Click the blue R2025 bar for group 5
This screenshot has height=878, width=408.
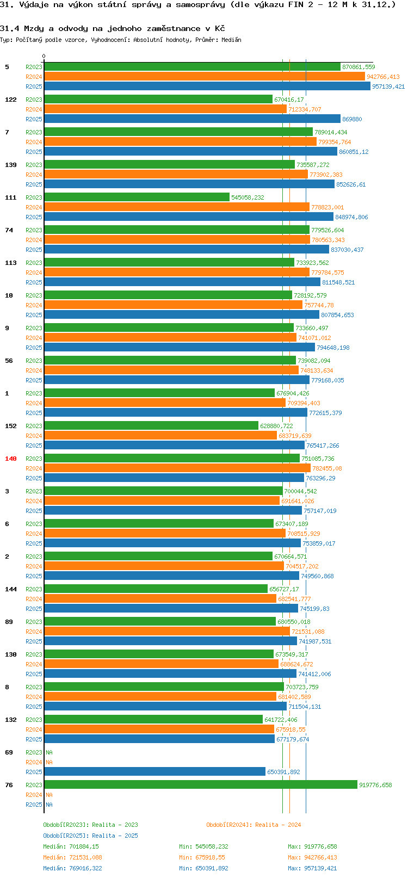[207, 86]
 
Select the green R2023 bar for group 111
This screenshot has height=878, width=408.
[137, 197]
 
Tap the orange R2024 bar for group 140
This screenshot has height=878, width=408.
[177, 468]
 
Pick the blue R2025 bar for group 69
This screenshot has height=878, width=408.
[155, 771]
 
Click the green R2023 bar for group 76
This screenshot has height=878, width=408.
[201, 784]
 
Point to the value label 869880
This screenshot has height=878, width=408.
[352, 119]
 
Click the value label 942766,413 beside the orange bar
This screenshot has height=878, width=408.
[384, 77]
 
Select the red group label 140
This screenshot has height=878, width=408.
[10, 459]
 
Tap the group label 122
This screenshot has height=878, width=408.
[10, 100]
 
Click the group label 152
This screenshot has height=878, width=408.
[10, 426]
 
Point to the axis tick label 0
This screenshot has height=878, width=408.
[44, 56]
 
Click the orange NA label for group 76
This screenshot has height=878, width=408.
[49, 795]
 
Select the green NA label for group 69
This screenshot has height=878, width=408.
[49, 752]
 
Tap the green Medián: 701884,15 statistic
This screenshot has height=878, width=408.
[71, 846]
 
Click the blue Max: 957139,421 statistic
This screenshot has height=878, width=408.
[312, 868]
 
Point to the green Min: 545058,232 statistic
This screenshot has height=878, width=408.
[203, 846]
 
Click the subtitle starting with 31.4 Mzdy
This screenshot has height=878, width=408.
[113, 29]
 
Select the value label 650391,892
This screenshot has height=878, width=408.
[283, 772]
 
